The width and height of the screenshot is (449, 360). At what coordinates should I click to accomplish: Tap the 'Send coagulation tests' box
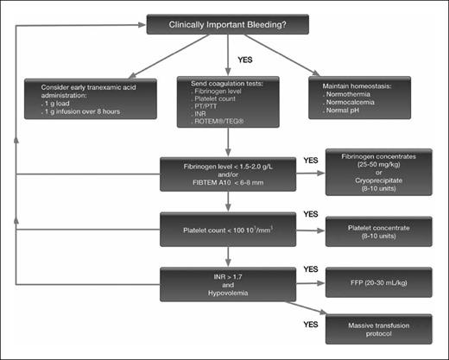[226, 102]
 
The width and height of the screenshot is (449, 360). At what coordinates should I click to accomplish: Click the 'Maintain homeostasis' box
[358, 97]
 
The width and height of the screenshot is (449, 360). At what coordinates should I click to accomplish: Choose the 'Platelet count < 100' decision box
[226, 230]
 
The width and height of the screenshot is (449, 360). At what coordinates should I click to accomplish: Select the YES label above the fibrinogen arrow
[310, 161]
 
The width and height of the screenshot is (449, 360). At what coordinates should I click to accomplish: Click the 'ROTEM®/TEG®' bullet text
[214, 123]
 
